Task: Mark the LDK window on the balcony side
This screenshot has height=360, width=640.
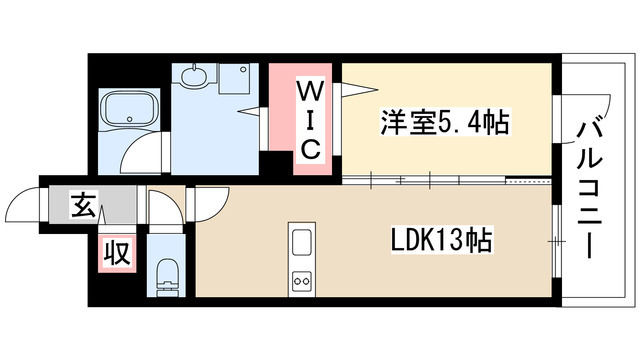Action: pos(553,241)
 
